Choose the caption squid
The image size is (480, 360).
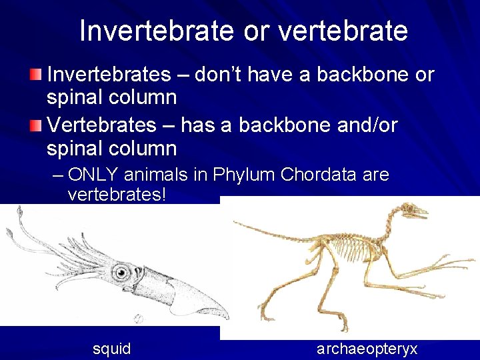click(x=112, y=348)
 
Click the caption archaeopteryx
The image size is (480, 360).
click(x=367, y=348)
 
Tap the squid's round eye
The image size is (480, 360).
click(x=121, y=271)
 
